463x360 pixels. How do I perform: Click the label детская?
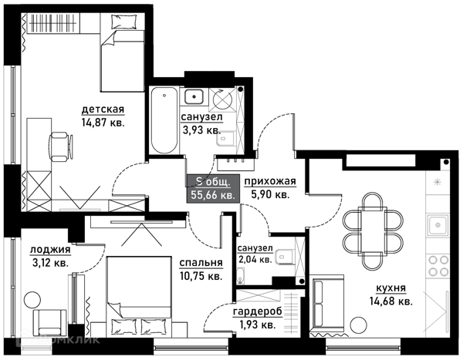(x=103, y=109)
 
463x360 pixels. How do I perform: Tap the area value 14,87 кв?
(x=103, y=123)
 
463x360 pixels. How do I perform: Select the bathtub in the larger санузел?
(x=164, y=120)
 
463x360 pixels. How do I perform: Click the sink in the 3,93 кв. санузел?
(x=194, y=96)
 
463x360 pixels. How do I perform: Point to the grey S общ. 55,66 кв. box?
(x=213, y=189)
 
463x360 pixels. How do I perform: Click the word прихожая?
(x=270, y=181)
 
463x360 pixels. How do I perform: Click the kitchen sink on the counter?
(x=438, y=225)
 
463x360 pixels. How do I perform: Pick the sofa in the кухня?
(x=326, y=304)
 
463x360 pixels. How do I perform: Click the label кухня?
(x=390, y=288)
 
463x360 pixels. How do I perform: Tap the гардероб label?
(x=258, y=311)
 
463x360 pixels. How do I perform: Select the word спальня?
(x=201, y=263)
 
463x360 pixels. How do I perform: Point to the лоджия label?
(x=50, y=250)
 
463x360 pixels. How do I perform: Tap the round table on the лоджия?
(x=32, y=300)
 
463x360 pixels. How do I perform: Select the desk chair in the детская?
(x=61, y=146)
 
